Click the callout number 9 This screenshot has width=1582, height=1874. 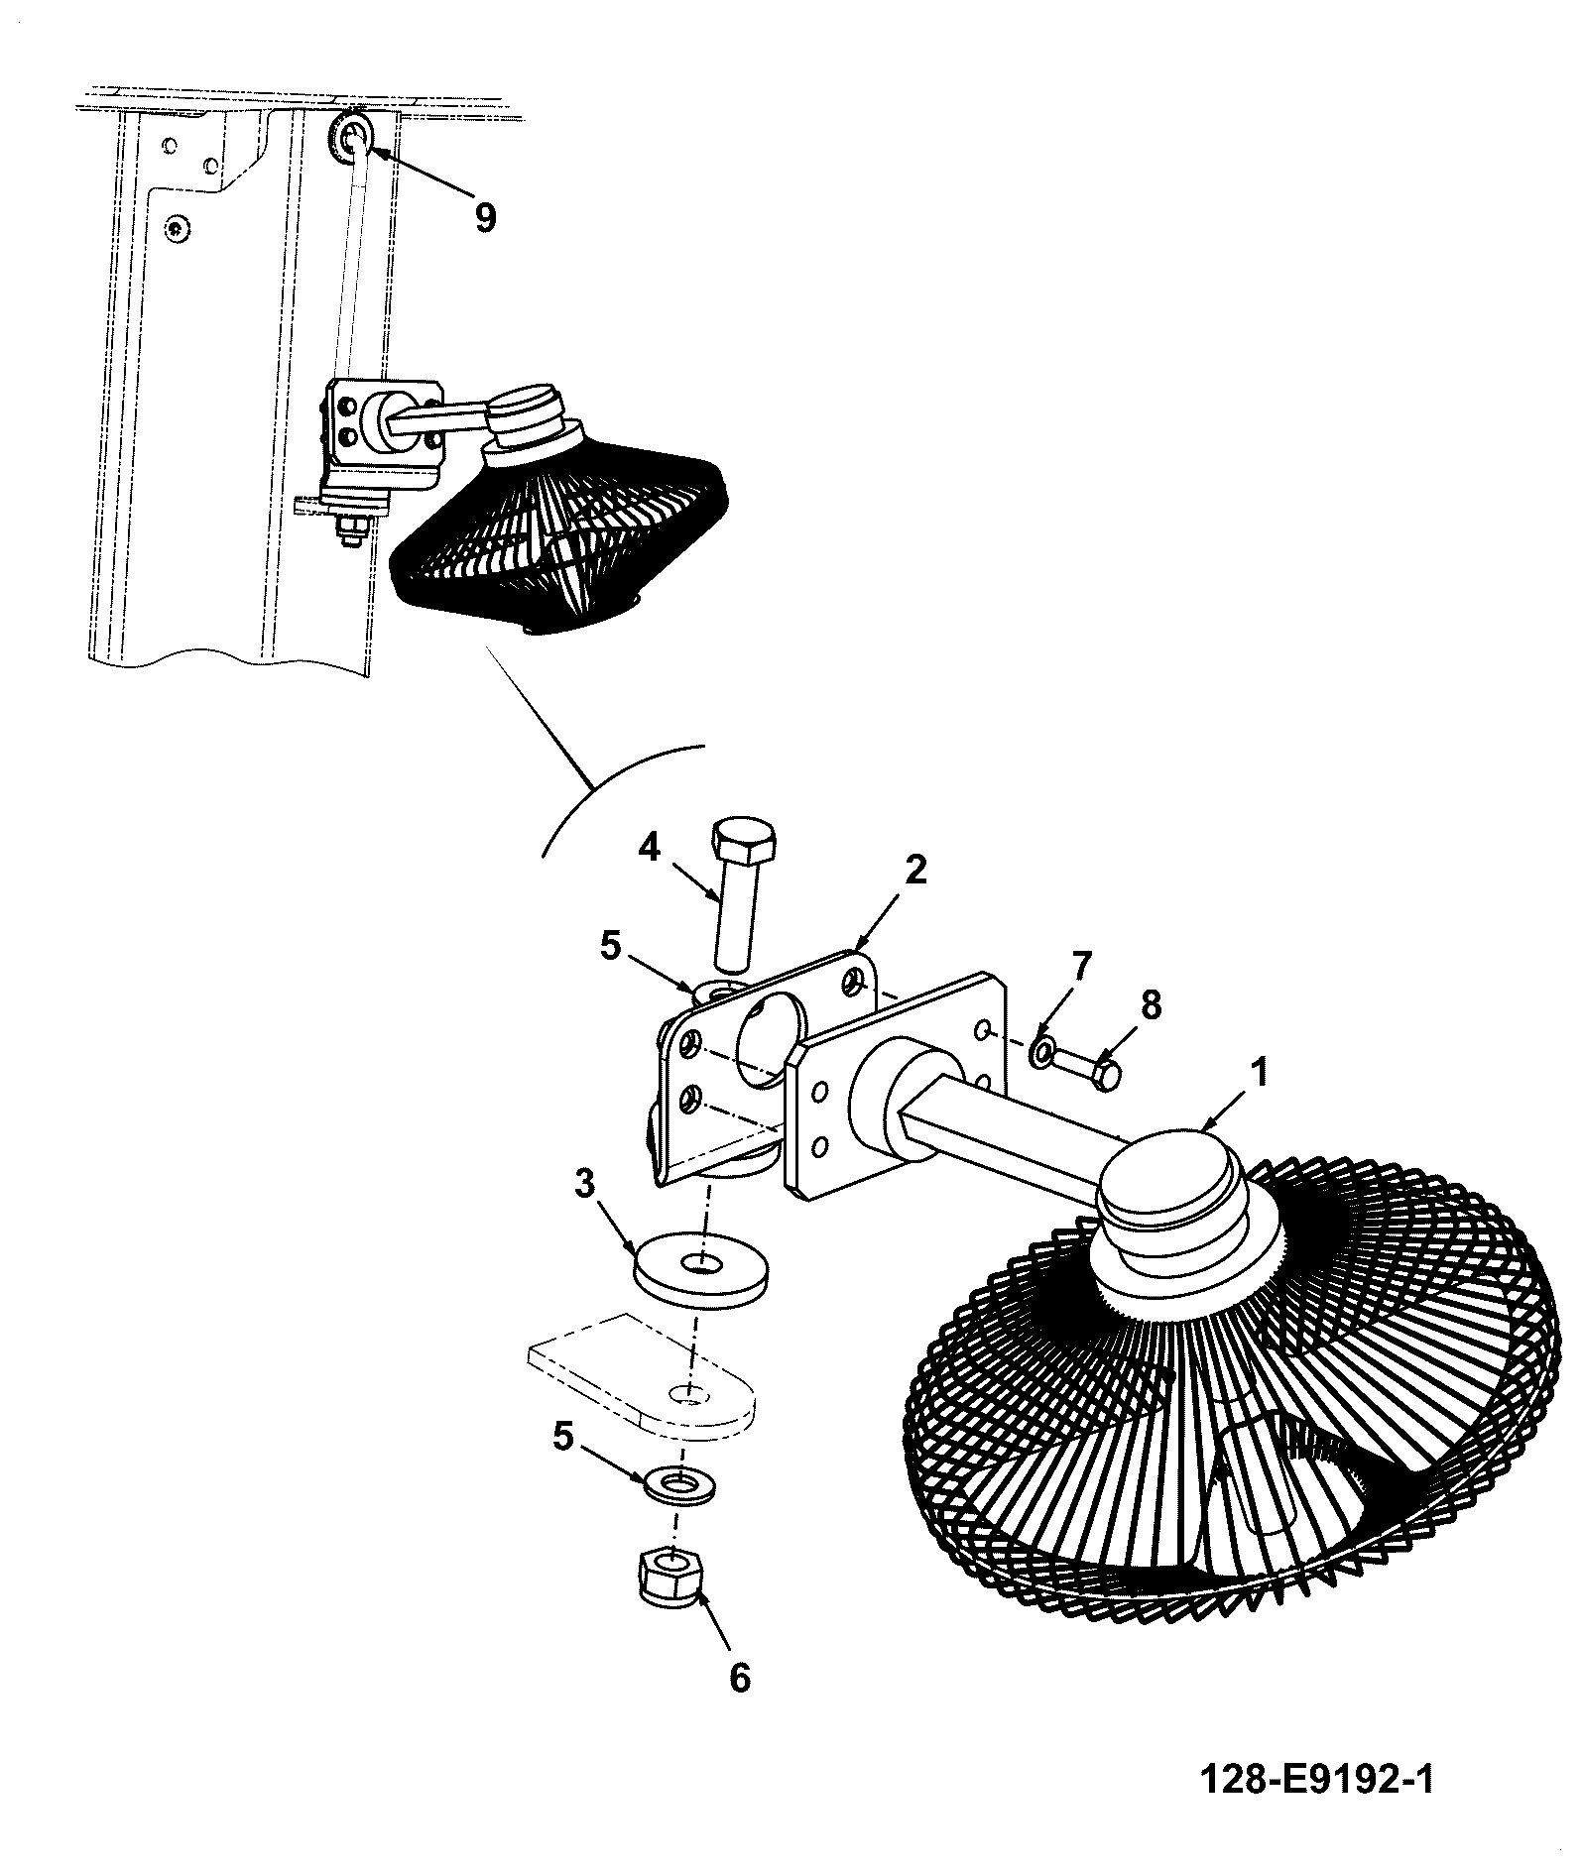[484, 216]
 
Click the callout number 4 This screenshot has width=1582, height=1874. [649, 850]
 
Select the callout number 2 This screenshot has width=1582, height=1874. [915, 870]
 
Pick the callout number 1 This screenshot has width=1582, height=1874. [1259, 1074]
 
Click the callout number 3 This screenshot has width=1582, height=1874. [585, 1184]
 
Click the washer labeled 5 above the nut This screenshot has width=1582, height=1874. [679, 1485]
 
